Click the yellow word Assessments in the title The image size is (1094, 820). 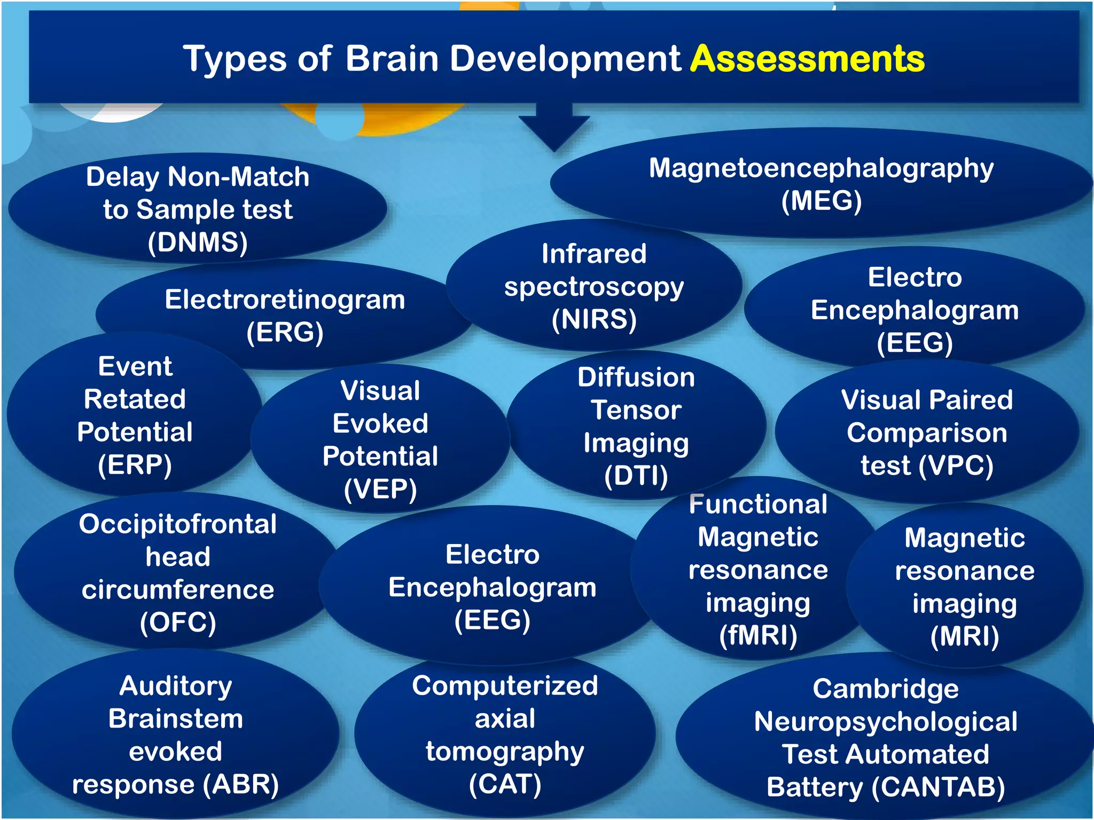tap(807, 59)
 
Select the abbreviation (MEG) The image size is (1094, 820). tap(821, 201)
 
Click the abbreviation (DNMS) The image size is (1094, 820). tap(198, 242)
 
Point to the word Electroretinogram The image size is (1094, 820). tap(285, 299)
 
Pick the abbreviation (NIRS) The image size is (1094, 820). tap(594, 320)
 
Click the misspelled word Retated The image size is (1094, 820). tap(135, 399)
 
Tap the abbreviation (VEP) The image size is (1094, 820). tap(380, 490)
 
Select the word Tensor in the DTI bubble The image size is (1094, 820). tap(636, 411)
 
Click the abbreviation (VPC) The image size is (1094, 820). tap(956, 466)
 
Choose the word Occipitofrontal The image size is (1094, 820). tap(178, 524)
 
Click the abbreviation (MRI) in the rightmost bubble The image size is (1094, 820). tap(964, 637)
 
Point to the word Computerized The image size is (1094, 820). tap(505, 686)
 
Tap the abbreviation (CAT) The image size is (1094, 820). tap(505, 785)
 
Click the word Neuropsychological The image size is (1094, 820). tap(885, 722)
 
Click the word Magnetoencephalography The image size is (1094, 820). tap(821, 169)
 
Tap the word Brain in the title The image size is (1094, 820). tap(392, 59)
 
